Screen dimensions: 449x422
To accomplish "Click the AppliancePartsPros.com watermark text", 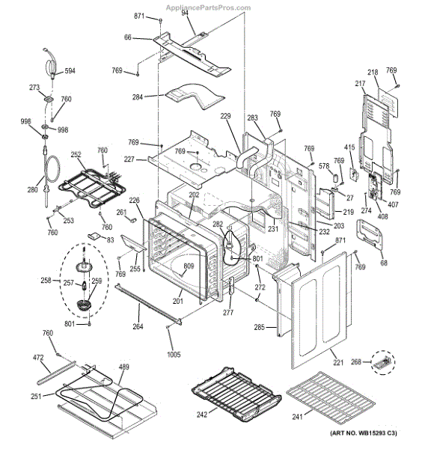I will [x=208, y=7].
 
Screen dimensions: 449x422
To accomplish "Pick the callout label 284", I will [x=138, y=97].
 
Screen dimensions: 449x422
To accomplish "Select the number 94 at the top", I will [x=184, y=13].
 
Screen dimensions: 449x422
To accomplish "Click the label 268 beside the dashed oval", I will [x=357, y=362].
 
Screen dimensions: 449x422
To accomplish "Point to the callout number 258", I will [x=46, y=281].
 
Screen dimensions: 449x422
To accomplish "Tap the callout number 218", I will [x=372, y=70].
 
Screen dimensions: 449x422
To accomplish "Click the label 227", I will [x=129, y=159].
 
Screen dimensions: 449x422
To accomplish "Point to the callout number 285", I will [x=259, y=327].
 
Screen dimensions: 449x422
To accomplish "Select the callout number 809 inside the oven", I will [x=189, y=267].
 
